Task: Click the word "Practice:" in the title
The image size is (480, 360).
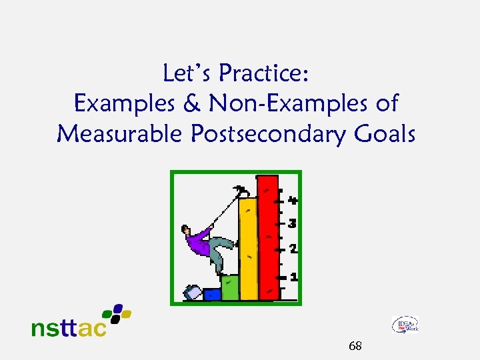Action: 265,73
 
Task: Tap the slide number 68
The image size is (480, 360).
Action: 355,345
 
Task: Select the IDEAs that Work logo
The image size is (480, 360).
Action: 405,325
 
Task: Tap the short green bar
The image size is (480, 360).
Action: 230,287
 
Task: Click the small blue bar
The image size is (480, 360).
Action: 212,294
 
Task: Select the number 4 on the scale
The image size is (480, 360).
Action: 293,199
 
